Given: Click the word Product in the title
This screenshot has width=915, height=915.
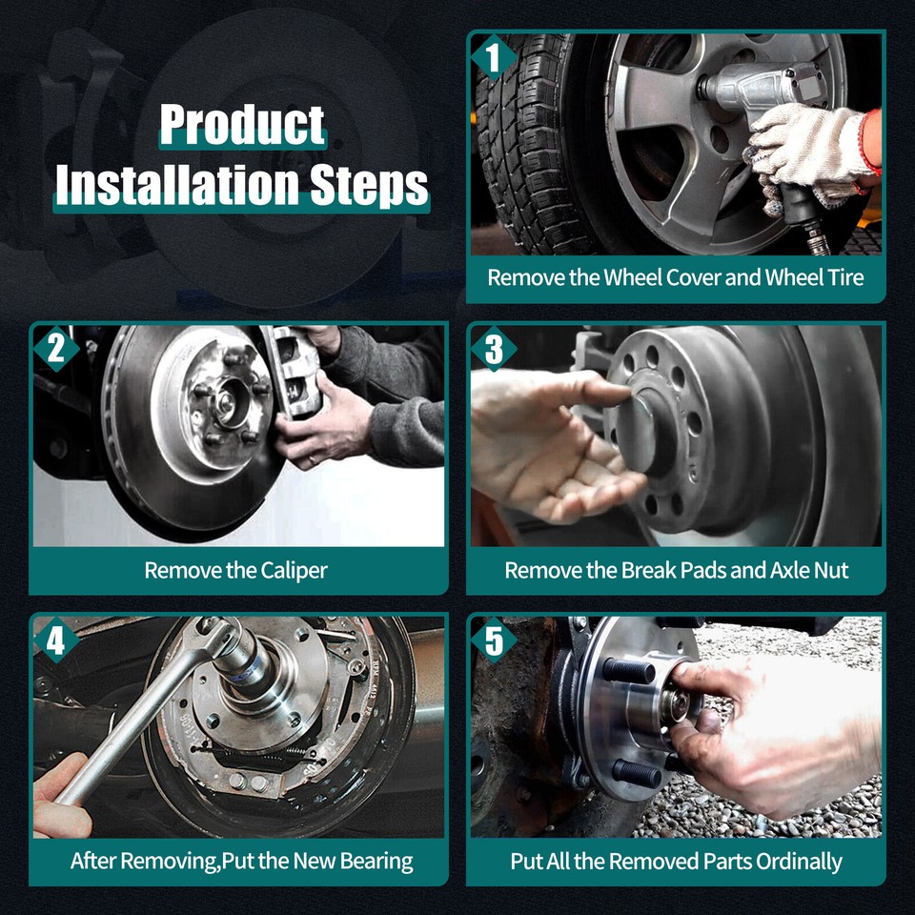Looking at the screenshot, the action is [x=242, y=125].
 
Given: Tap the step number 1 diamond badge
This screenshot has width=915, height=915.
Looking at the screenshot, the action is [x=494, y=57].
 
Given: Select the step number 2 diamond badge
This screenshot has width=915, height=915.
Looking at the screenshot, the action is [x=56, y=349].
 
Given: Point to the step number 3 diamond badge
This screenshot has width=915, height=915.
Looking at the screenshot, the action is [x=494, y=349].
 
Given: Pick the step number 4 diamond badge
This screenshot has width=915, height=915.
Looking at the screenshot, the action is [x=56, y=640].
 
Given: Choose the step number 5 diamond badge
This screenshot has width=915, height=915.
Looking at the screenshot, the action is [x=494, y=640].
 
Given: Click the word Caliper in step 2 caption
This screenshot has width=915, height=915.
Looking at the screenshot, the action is [x=295, y=571].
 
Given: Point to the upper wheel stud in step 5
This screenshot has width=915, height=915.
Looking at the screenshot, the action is [x=630, y=670].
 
